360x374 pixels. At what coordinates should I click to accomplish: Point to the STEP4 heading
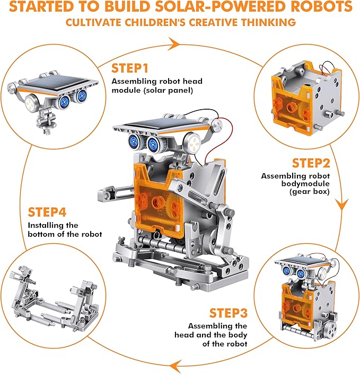(x=48, y=212)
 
